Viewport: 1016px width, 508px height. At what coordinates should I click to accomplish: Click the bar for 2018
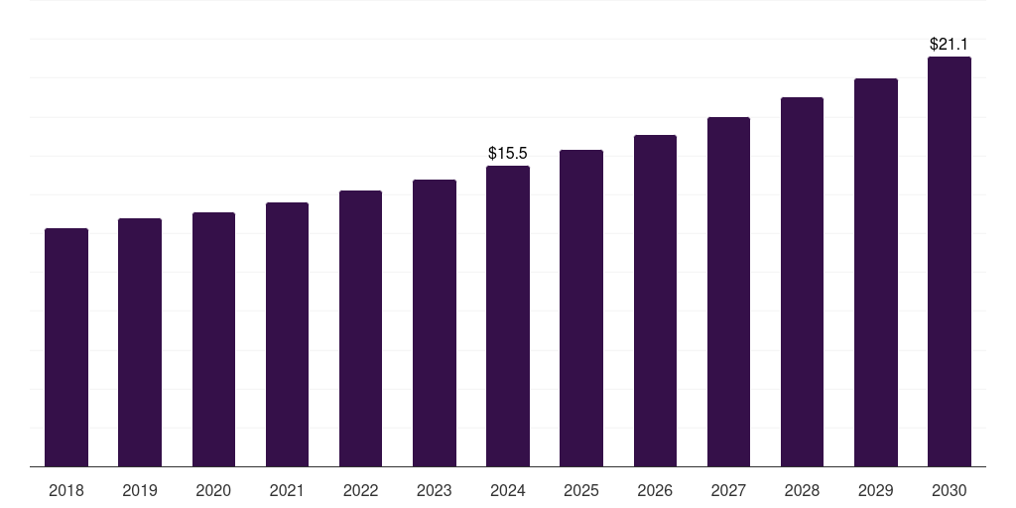pos(66,347)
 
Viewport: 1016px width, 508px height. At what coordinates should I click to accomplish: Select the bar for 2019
pos(140,342)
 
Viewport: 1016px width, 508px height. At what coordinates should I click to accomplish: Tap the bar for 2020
pos(213,339)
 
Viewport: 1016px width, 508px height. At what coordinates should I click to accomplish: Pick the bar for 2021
pos(287,334)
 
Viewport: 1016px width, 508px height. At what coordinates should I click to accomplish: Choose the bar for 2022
pos(360,328)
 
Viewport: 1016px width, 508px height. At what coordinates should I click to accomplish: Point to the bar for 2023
pos(435,322)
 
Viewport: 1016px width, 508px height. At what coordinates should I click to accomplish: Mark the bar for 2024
pos(508,316)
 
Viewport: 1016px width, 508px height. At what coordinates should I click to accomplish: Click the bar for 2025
pos(581,308)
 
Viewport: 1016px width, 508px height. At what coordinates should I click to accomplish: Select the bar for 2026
pos(655,301)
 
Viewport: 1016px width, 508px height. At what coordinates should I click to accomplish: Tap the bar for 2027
pos(728,292)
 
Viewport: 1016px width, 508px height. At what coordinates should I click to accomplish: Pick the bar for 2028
pos(802,282)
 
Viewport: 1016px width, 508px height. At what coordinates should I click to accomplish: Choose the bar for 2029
pos(876,272)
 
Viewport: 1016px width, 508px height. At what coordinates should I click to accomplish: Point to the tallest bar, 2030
pos(950,261)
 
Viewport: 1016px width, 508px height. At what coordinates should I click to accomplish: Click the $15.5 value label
pos(508,154)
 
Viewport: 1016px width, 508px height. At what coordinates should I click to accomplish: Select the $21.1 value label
pos(950,45)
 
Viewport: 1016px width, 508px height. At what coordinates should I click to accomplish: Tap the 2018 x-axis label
pos(66,490)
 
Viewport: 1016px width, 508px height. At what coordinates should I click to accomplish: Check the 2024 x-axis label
pos(508,490)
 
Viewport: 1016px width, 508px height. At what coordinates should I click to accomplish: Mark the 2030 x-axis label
pos(950,490)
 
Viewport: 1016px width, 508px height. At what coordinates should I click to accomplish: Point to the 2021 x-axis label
pos(287,490)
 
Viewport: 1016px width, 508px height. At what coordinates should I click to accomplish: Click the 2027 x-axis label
pos(728,490)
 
